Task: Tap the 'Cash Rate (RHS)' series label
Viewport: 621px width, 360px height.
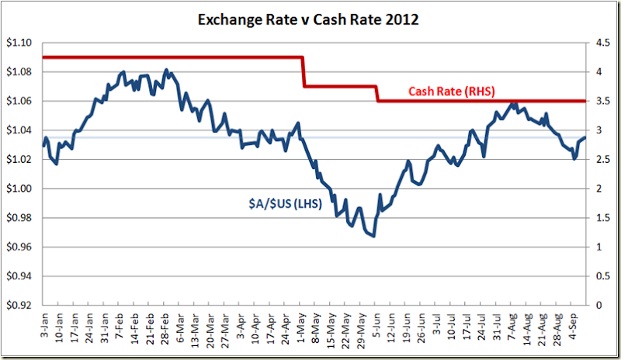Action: [x=452, y=91]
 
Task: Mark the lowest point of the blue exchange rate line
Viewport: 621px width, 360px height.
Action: [x=374, y=236]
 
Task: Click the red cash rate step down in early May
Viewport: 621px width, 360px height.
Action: [x=303, y=71]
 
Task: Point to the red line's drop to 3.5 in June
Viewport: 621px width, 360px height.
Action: [x=377, y=94]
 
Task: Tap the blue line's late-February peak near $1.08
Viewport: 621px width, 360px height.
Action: [x=166, y=70]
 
